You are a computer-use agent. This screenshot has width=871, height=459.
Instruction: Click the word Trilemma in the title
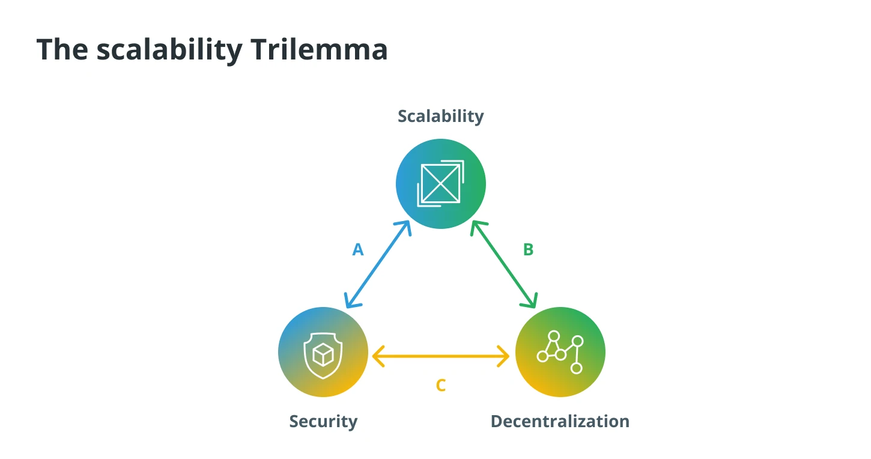click(319, 49)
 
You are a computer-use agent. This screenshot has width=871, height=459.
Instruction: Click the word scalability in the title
click(169, 50)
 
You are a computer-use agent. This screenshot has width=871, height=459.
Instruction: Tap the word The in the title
click(62, 49)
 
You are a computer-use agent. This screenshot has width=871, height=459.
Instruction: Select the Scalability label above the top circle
click(440, 117)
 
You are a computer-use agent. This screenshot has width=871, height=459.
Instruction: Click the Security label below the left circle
click(323, 422)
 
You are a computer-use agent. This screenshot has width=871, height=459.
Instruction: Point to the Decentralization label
click(560, 421)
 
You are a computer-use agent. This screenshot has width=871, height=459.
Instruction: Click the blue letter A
click(358, 250)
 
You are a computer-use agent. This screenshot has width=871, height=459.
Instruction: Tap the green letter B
click(528, 250)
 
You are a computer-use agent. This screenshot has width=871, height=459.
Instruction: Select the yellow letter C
click(440, 386)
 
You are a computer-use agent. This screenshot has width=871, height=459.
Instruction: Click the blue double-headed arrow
click(378, 264)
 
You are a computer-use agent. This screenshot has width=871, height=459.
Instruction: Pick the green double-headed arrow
click(504, 264)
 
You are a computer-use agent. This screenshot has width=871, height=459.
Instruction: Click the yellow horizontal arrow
click(440, 356)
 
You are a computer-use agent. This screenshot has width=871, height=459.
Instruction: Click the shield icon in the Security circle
click(323, 355)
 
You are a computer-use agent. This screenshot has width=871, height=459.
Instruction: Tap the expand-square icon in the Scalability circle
click(440, 183)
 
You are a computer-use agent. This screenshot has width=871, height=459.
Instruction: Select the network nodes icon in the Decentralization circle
click(560, 352)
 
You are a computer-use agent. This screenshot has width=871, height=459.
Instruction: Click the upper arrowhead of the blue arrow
click(404, 226)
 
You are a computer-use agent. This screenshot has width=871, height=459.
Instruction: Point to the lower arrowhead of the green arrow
click(530, 302)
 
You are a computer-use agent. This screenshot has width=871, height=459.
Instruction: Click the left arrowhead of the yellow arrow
click(378, 356)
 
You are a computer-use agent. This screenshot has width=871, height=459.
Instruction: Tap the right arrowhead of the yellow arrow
click(504, 356)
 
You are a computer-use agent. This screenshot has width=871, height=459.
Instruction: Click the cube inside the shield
click(323, 354)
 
